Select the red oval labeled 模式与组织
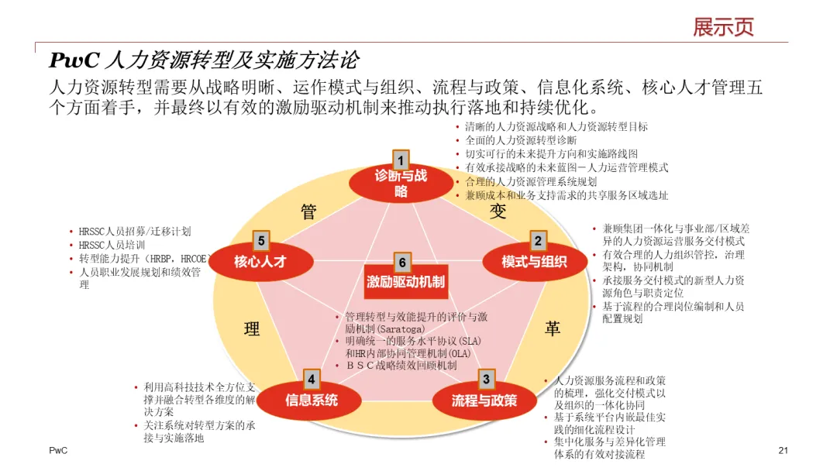point(534,262)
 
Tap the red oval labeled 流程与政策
point(484,401)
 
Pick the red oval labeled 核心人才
point(260,262)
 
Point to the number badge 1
point(401,160)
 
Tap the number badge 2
point(537,240)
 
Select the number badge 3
point(486,379)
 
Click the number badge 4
point(311,379)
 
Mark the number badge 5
point(262,241)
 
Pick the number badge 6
point(402,262)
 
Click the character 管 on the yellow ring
point(308,212)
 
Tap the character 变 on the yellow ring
point(497,211)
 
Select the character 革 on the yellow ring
point(552,329)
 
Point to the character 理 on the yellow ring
point(252,329)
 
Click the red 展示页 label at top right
point(723,27)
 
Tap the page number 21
point(783,451)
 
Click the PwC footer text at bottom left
point(58,451)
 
